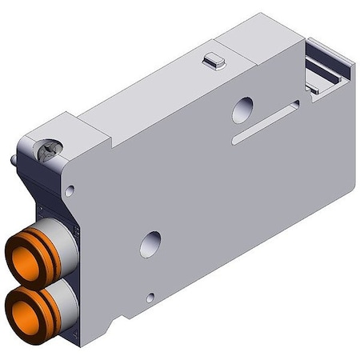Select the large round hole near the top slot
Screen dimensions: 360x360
click(x=242, y=110)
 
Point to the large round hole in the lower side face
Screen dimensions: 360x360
click(x=150, y=243)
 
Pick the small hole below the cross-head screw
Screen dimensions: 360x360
click(x=70, y=190)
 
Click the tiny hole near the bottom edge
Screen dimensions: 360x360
click(x=150, y=298)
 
